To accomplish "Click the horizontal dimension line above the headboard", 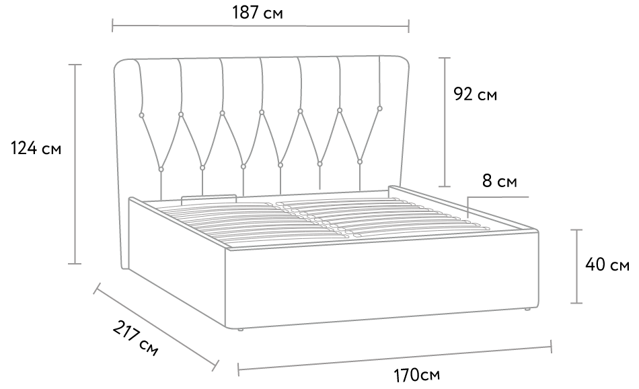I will coord(260,26).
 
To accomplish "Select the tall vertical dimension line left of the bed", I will coord(75,164).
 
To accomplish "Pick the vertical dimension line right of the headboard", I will coord(445,122).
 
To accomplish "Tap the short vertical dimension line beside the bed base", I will coord(576,266).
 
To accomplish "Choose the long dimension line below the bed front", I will coord(395,357).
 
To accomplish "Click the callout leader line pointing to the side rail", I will coord(498,197).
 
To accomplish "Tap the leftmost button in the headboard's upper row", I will coord(141,116).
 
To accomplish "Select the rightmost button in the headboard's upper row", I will coord(380,108).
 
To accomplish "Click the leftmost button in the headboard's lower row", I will coord(161,168).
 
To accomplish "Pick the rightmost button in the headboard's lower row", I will coord(360,162).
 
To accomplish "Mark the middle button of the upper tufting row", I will coord(261,112).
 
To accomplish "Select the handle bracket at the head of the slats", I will coord(209,197).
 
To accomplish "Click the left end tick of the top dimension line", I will coord(113,26).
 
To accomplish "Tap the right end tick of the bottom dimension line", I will coord(551,346).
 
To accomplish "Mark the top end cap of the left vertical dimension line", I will coord(75,65).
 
